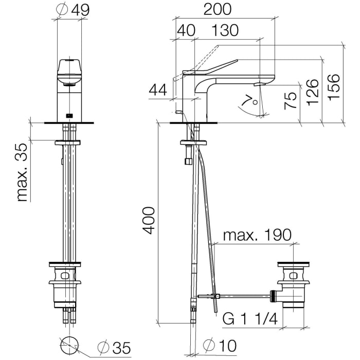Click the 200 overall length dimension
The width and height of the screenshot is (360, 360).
click(218, 10)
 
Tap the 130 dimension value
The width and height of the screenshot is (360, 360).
click(225, 30)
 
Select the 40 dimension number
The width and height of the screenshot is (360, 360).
click(186, 30)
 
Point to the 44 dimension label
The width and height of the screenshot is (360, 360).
click(157, 90)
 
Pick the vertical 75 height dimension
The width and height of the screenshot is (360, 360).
click(291, 101)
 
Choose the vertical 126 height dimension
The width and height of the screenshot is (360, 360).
click(313, 92)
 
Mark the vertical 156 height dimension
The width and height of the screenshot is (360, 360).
click(333, 87)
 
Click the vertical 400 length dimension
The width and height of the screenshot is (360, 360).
click(148, 221)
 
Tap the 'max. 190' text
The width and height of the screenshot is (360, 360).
click(257, 235)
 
